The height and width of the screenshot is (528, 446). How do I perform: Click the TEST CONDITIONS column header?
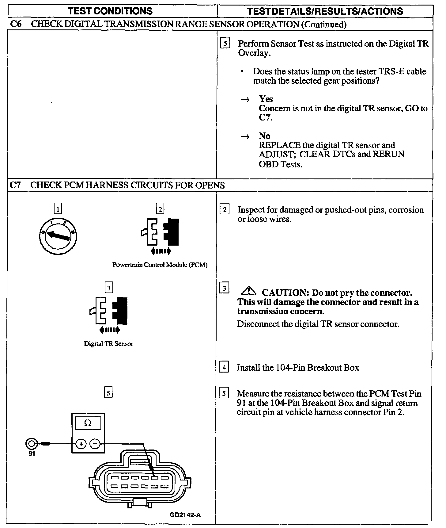tap(111, 11)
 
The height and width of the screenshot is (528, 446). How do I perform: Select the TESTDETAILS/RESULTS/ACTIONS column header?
tap(325, 11)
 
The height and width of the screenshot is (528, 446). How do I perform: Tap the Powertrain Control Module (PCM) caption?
tap(160, 265)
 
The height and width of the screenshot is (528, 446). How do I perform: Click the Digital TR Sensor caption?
tap(108, 344)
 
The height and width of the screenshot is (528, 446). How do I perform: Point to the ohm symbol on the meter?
tap(88, 423)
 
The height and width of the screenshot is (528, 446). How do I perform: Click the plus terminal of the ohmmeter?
tap(81, 444)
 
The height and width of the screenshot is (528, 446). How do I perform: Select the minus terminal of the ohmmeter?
tap(96, 444)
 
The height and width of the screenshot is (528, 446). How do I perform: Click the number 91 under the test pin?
tap(32, 454)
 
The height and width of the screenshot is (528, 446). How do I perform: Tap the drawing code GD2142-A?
tap(185, 515)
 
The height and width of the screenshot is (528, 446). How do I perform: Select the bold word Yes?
tap(266, 99)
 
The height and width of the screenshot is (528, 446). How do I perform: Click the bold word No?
tap(265, 136)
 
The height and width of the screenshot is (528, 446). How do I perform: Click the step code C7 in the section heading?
tap(15, 185)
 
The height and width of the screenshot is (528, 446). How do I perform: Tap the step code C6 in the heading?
tap(15, 24)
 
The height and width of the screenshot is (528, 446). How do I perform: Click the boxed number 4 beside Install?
tap(225, 367)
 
